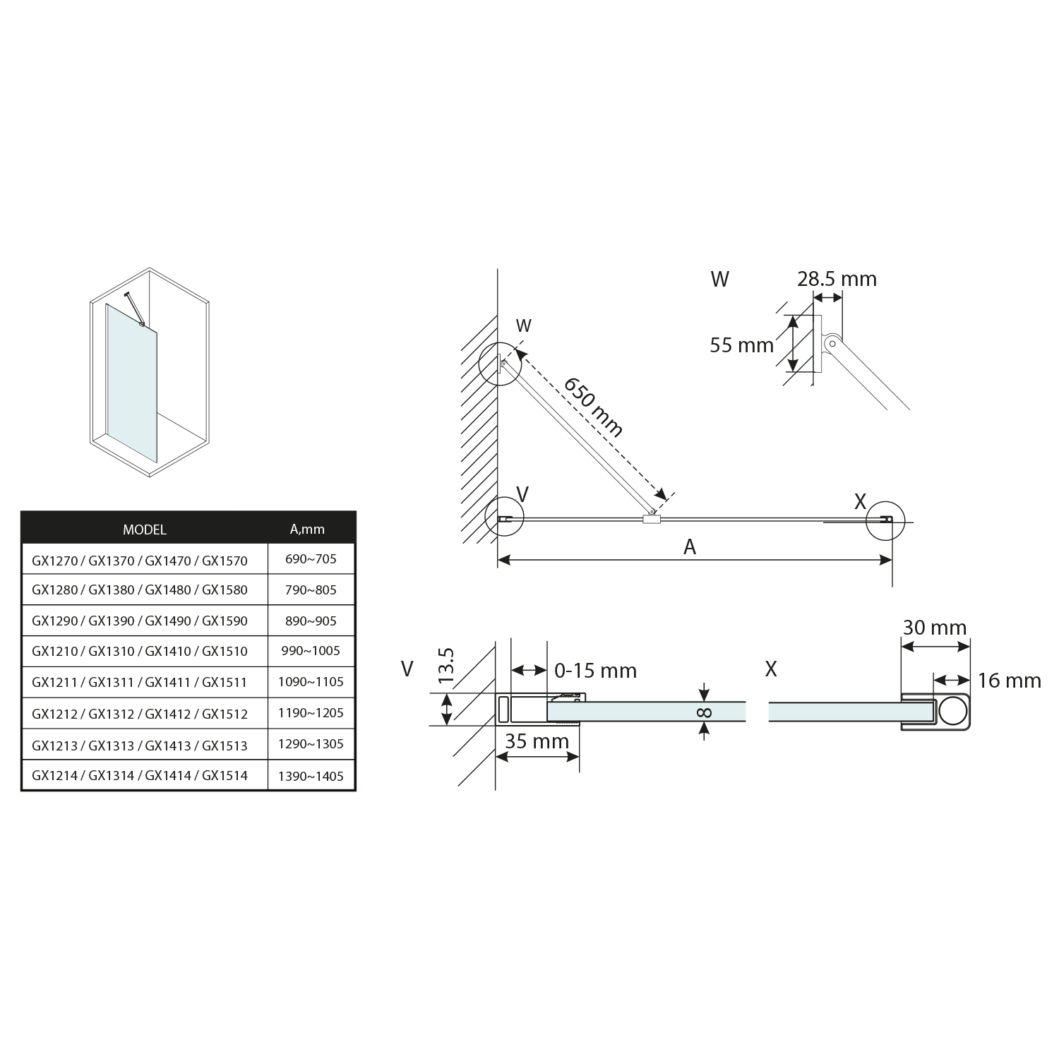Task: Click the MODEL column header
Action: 145,529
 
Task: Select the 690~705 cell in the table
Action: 311,559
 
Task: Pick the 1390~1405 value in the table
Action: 311,776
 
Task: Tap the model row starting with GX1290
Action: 140,621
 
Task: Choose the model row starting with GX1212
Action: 140,714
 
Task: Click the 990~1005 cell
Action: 311,651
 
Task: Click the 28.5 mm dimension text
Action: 837,279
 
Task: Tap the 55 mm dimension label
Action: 742,345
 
